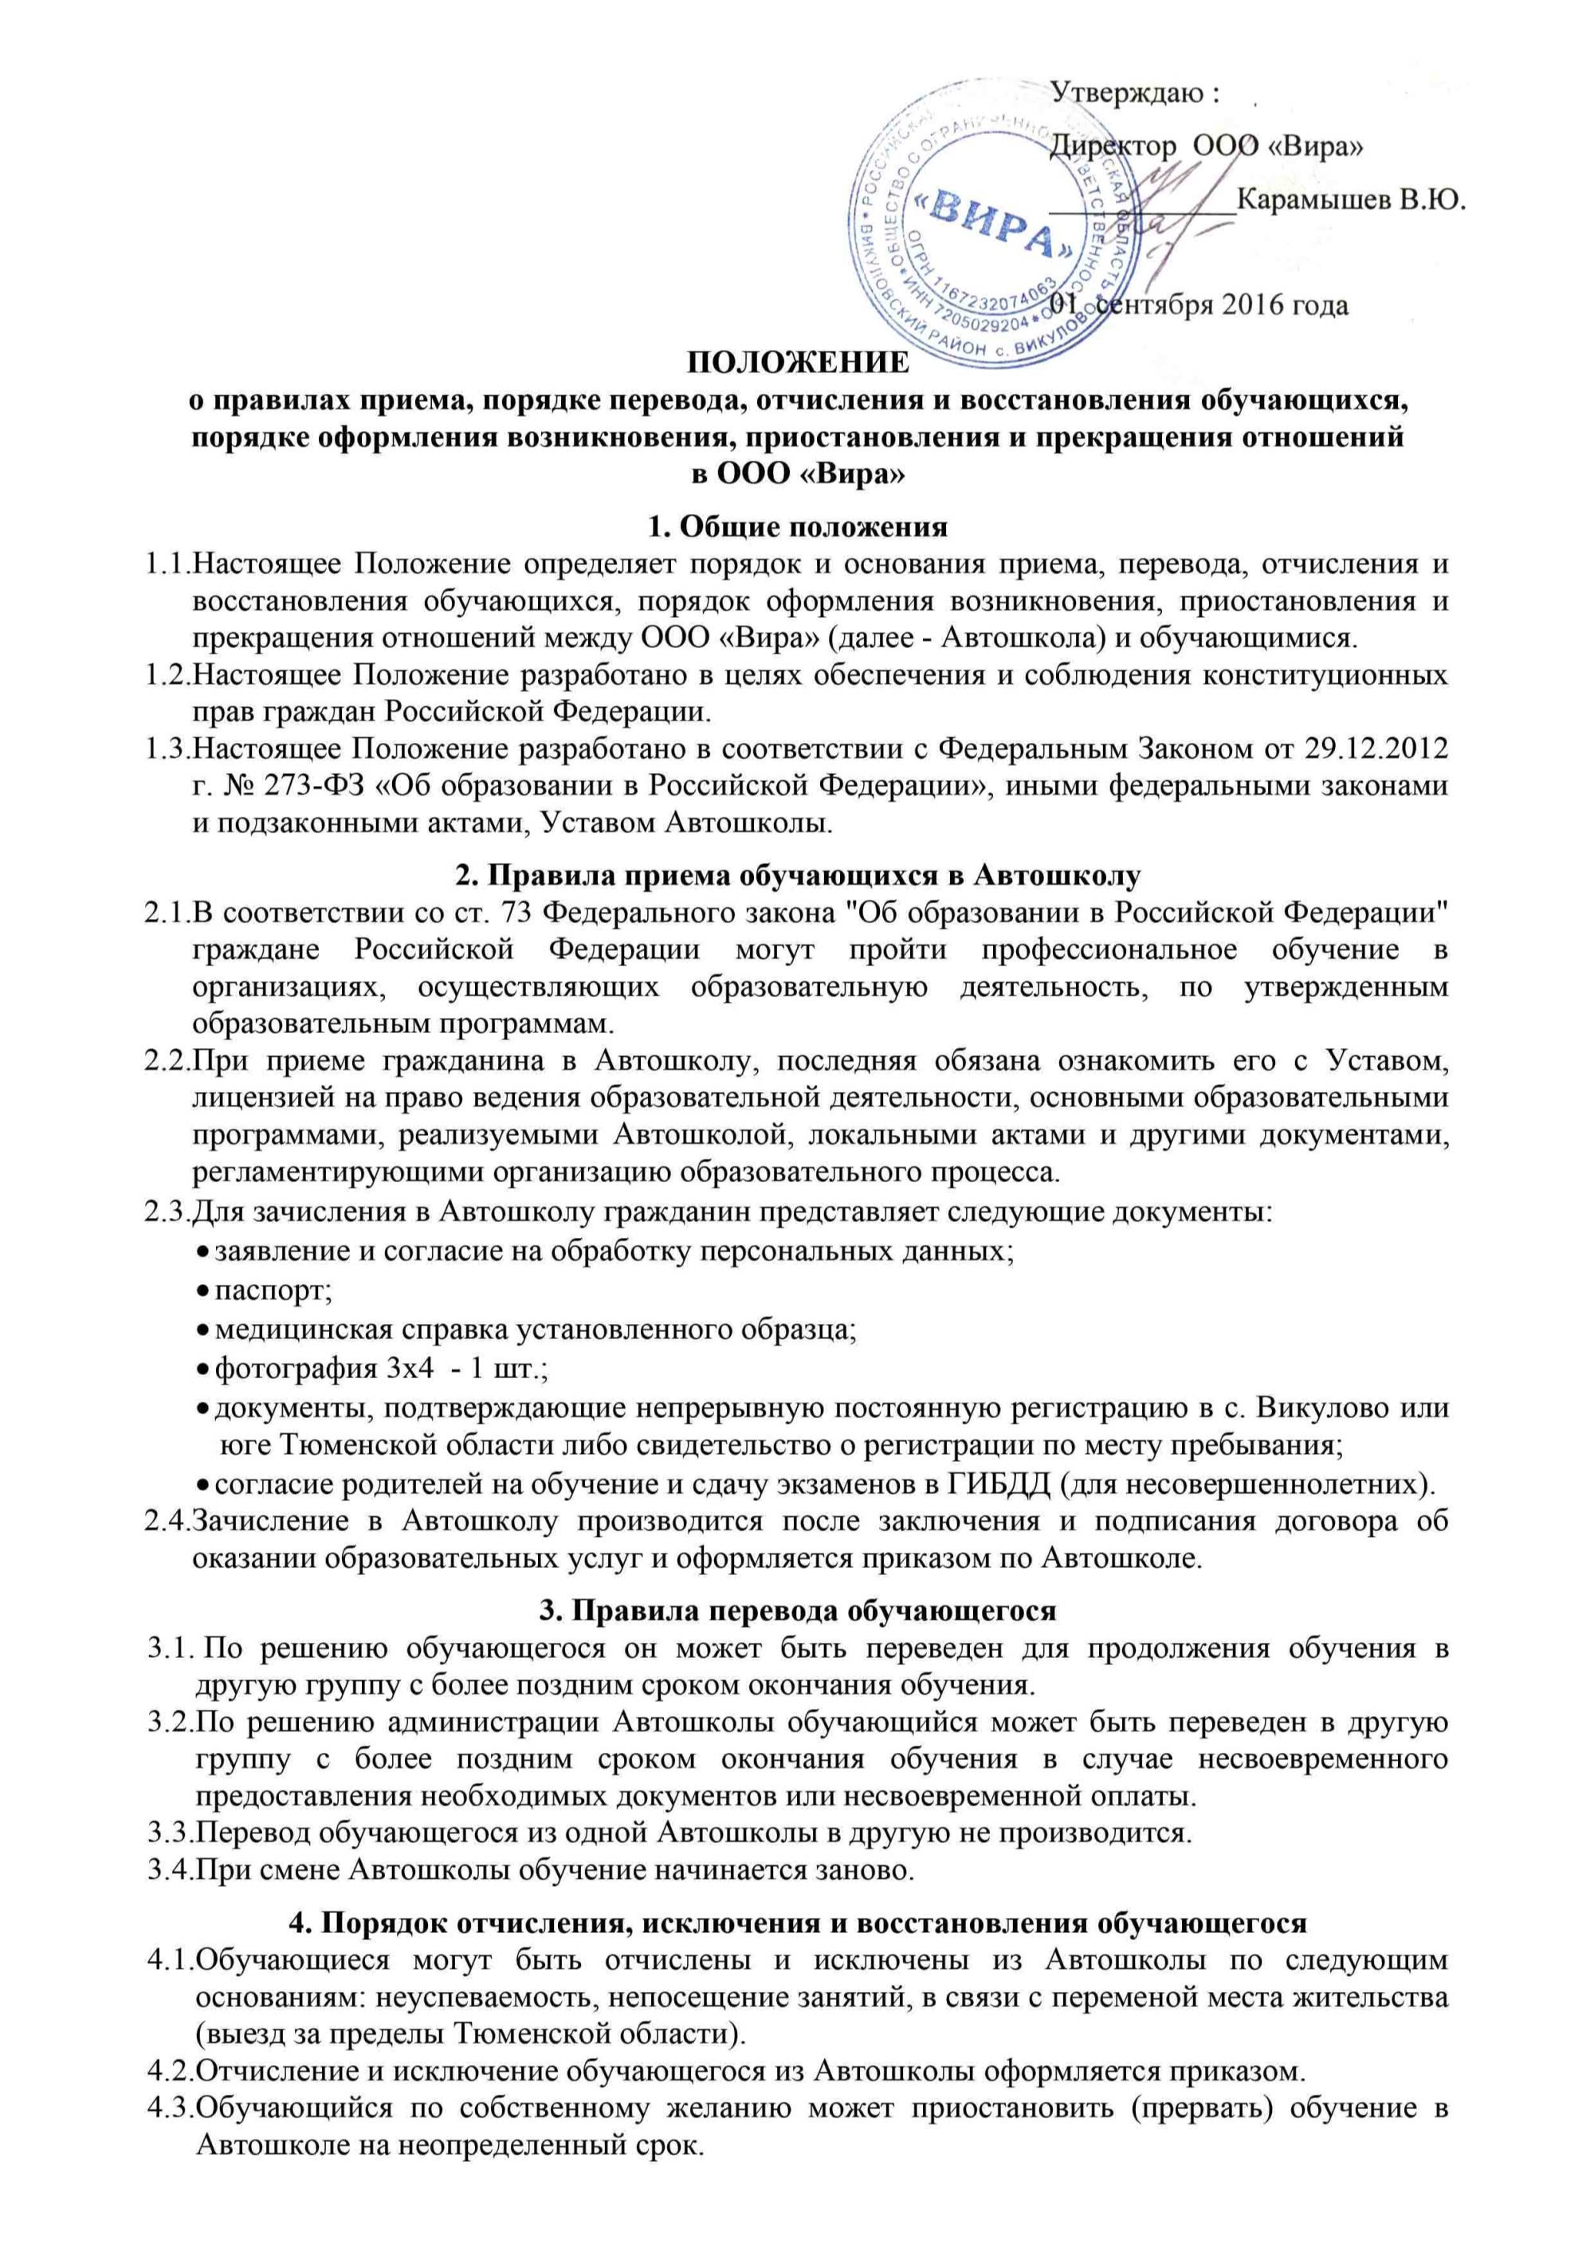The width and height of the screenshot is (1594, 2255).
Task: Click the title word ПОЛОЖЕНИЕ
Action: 796,363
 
